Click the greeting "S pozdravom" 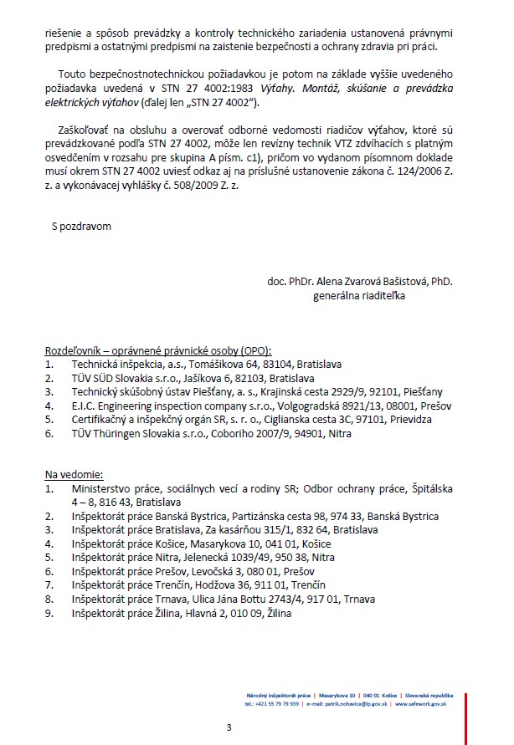click(x=81, y=225)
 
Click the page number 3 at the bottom click(x=229, y=727)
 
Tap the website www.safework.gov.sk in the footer click(x=425, y=705)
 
